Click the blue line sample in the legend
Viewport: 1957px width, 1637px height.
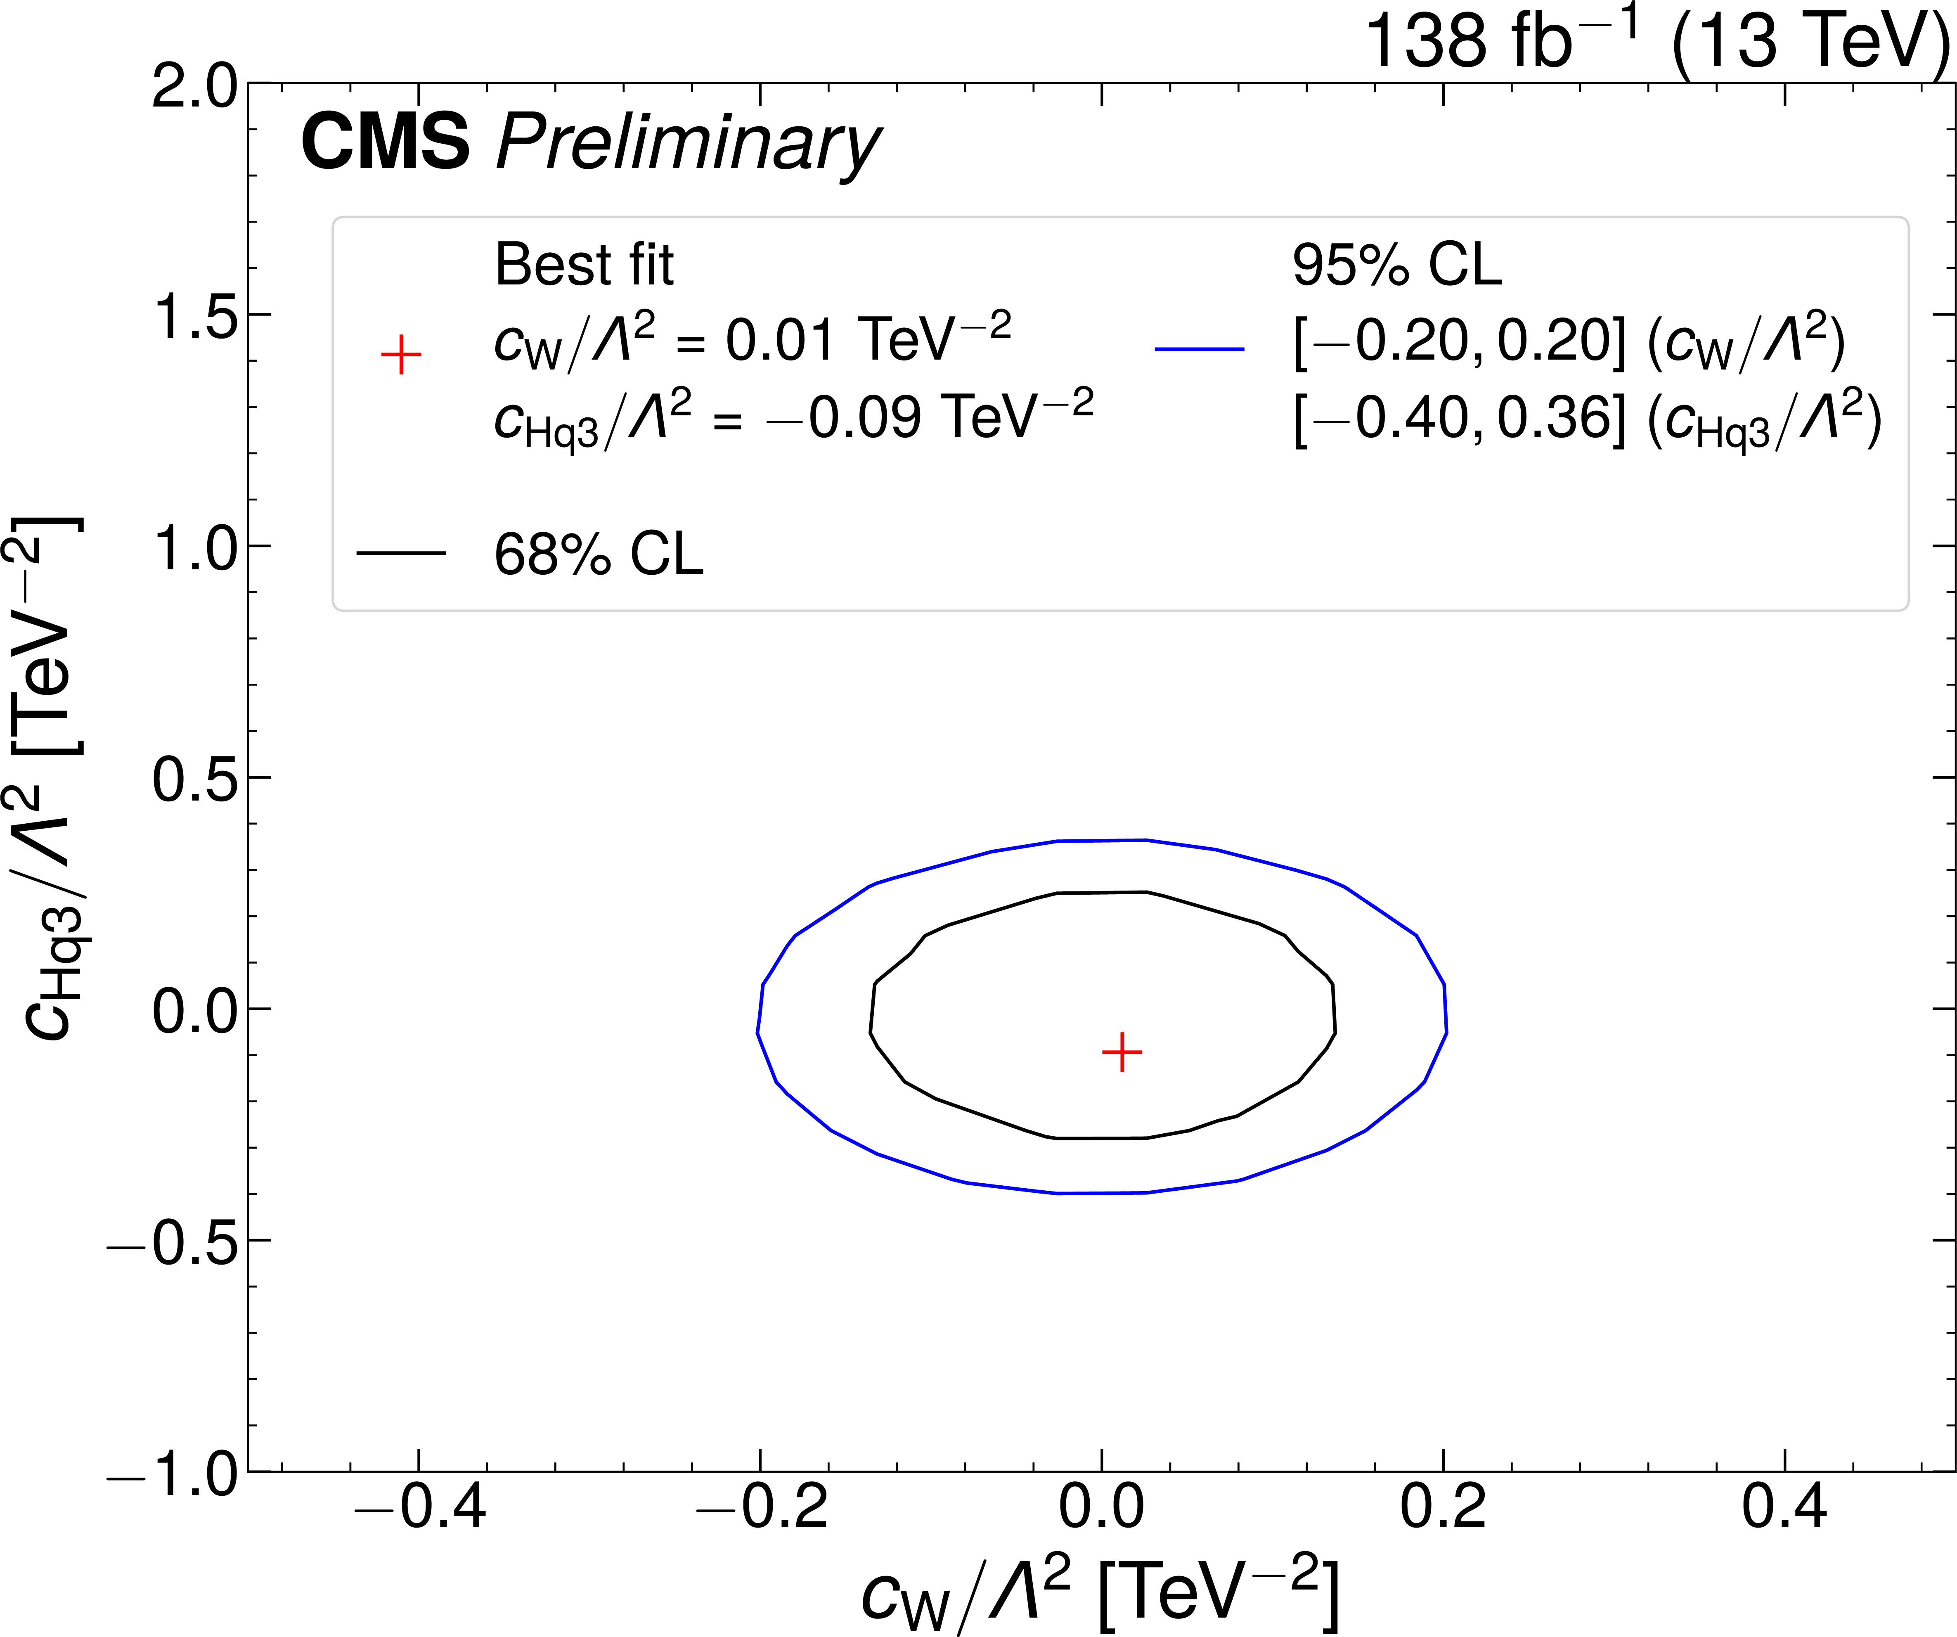(1200, 350)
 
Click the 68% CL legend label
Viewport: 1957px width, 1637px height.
(598, 554)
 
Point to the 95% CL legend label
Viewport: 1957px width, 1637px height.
(1397, 266)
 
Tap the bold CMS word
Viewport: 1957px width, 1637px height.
(385, 142)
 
